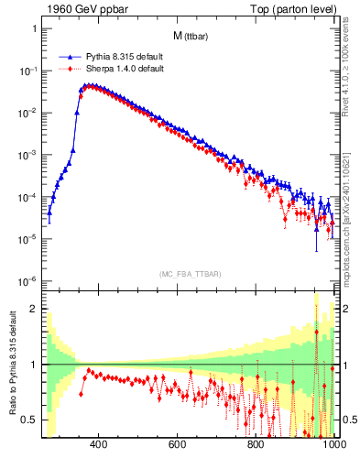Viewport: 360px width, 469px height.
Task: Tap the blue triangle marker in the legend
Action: pos(71,57)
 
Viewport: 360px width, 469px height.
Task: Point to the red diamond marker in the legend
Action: pos(71,69)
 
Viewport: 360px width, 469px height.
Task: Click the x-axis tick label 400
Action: pos(99,445)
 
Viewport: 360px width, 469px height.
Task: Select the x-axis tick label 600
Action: pos(178,445)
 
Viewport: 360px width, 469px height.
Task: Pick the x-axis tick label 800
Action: pos(256,445)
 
